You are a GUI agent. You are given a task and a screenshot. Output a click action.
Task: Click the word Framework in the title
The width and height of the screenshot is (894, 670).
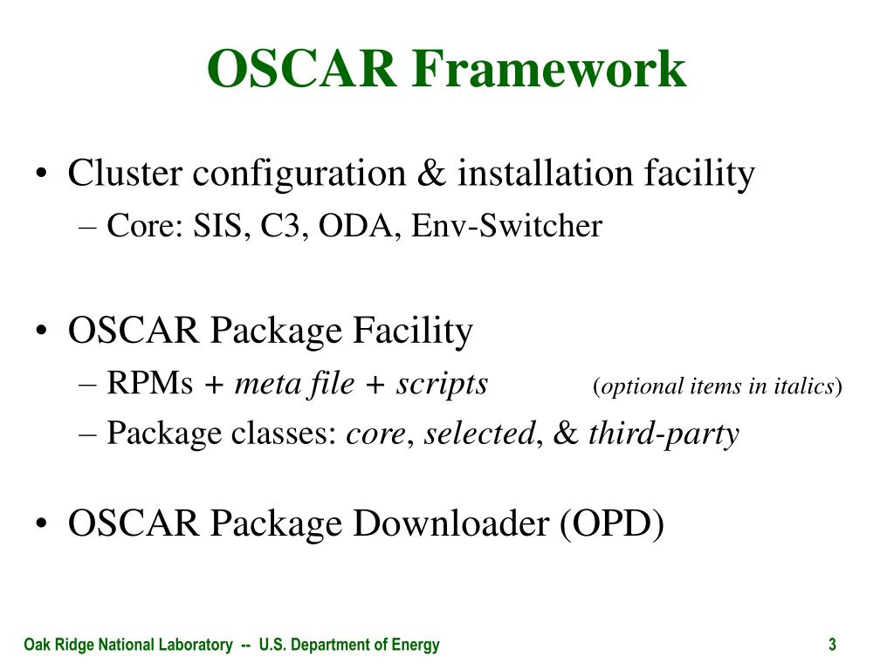[x=548, y=68]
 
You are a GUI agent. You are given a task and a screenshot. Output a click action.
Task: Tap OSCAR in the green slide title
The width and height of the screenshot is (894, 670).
[x=302, y=68]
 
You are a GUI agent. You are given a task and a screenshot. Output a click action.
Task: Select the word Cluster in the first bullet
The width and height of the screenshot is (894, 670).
[x=125, y=173]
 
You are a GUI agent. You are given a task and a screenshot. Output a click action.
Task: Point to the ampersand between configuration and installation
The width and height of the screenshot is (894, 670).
[x=431, y=174]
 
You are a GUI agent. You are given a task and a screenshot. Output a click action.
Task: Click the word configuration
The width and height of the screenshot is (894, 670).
[x=299, y=174]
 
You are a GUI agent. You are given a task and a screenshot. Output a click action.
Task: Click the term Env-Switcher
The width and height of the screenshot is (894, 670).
[x=506, y=226]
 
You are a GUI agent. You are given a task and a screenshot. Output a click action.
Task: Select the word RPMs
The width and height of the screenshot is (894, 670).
[x=150, y=383]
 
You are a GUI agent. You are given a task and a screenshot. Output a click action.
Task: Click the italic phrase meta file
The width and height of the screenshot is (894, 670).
[x=294, y=383]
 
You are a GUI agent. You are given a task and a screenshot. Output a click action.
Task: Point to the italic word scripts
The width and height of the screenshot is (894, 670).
[x=442, y=384]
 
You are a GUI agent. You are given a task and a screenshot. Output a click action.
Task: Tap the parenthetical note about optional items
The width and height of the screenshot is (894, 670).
[x=718, y=386]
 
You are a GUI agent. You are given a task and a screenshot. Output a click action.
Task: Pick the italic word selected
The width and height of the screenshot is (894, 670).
[x=480, y=433]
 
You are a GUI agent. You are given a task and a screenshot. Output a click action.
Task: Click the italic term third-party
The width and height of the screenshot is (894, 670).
[x=664, y=434]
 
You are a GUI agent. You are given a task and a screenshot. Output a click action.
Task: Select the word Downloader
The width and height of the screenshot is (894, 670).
[x=450, y=523]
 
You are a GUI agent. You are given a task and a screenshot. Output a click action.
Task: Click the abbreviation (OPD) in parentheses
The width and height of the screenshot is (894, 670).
[x=612, y=524]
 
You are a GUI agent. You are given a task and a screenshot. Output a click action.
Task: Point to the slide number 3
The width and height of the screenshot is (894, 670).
[x=832, y=645]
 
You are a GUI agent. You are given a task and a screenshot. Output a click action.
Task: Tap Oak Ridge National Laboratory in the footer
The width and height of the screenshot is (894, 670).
[x=128, y=645]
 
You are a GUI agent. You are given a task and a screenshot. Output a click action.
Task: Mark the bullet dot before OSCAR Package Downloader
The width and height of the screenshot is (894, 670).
[x=40, y=523]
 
